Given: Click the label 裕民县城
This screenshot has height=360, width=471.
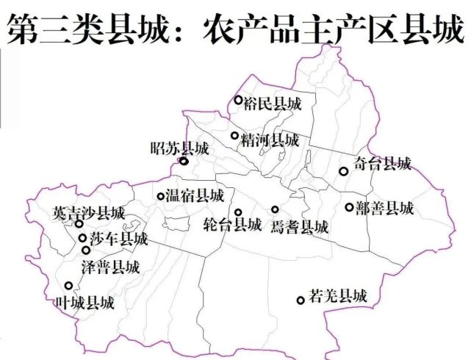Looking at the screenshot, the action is [272, 104].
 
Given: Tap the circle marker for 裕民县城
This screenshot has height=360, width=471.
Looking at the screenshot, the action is [238, 100].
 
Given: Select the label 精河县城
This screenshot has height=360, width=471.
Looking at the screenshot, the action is [269, 140].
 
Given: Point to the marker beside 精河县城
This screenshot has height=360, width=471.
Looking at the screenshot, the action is [234, 135].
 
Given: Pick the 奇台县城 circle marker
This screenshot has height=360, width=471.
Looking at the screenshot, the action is [343, 171].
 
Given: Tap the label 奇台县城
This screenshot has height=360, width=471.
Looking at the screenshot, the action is [381, 164].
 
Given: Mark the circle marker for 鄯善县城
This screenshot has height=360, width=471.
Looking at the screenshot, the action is [349, 207].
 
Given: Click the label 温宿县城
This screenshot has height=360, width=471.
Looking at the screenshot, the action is [195, 196].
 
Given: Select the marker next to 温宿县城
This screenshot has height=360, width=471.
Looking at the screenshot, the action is [161, 196].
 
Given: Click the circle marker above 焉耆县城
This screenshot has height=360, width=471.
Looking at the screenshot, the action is [275, 209].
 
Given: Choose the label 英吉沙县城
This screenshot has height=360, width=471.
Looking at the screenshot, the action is [89, 213].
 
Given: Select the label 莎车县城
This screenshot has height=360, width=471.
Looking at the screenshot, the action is [118, 239].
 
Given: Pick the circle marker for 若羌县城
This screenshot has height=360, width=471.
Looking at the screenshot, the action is [301, 300].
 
